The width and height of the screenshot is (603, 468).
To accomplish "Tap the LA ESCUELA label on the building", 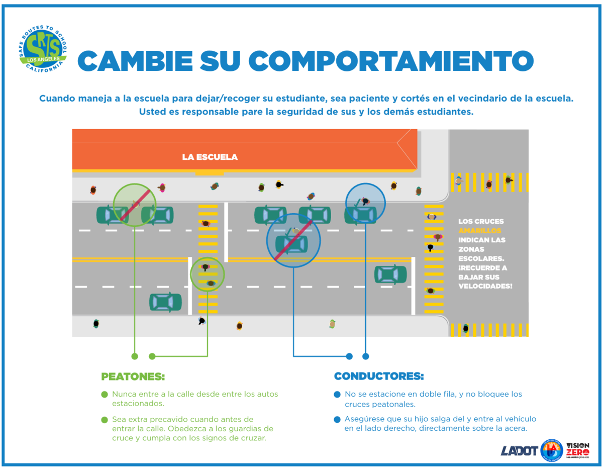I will [210, 157].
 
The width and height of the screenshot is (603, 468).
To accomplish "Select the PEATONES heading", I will [133, 377].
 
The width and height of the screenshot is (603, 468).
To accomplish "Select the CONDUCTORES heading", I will [379, 377].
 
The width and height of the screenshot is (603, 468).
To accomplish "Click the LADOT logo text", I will [519, 450].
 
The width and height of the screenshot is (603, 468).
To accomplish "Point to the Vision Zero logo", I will [577, 450].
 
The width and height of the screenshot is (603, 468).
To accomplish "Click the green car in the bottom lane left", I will [165, 302].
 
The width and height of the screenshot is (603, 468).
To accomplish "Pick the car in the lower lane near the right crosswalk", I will [390, 274].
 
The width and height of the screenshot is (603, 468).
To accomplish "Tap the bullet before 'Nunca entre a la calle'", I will [105, 395].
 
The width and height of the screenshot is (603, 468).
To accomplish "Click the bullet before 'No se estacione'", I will [337, 395].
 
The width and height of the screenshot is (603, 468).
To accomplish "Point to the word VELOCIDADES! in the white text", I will [485, 286].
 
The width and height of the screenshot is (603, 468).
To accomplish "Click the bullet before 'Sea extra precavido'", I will [105, 419].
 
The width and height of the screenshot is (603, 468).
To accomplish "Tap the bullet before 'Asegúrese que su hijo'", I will [337, 419].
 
